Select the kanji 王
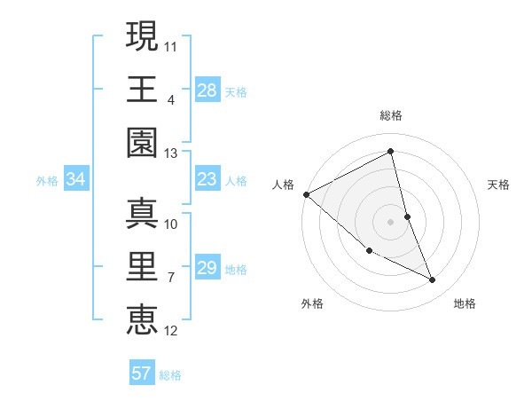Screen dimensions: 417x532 click(142, 89)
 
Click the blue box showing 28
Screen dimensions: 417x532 click(207, 90)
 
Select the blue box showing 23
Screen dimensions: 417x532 click(207, 180)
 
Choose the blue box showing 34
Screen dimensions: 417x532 click(75, 180)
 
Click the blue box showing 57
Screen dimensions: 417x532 click(141, 374)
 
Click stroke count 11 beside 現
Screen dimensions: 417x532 click(171, 45)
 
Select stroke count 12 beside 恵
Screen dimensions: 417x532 click(171, 332)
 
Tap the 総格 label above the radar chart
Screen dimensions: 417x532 click(390, 115)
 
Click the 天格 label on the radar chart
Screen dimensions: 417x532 click(498, 185)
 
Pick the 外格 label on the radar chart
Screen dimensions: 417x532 click(312, 303)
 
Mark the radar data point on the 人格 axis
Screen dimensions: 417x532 click(306, 194)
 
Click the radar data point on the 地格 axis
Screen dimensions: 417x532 click(432, 280)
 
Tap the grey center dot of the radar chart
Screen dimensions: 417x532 click(390, 222)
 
